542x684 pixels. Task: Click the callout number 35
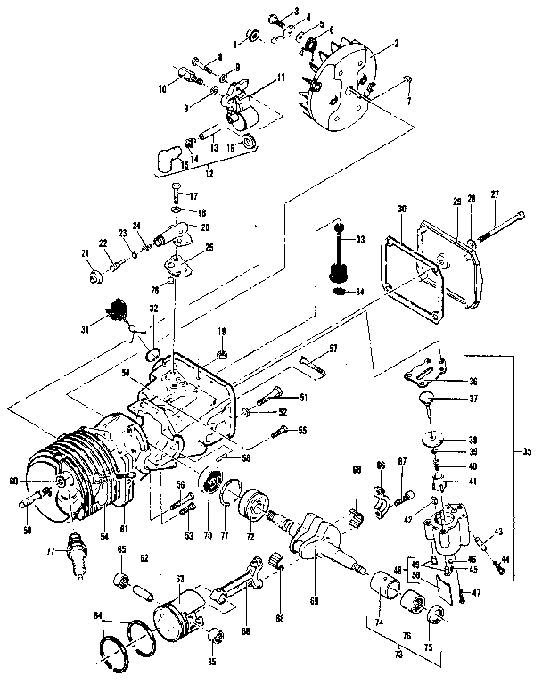pyautogui.click(x=527, y=452)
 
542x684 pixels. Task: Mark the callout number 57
pyautogui.click(x=333, y=347)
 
